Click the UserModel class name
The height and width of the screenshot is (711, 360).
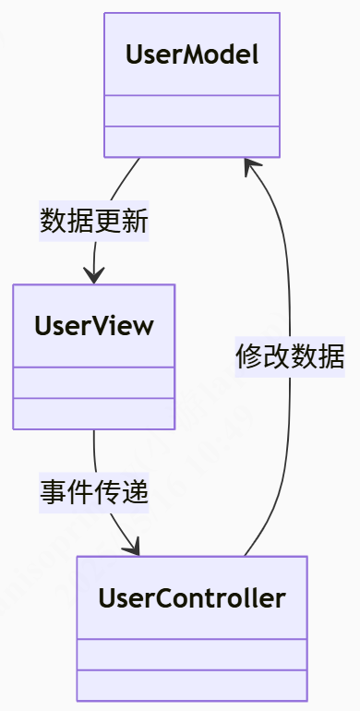(x=191, y=54)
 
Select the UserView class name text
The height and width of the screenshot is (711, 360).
(x=93, y=326)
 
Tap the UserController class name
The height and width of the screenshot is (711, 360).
(x=191, y=597)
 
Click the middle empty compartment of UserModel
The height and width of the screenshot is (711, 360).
(x=191, y=111)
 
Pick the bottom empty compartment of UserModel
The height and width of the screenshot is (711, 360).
(x=191, y=141)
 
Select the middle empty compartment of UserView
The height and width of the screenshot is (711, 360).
(x=93, y=382)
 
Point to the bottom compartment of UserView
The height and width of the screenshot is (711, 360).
(x=93, y=413)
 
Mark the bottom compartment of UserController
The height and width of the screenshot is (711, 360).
(x=191, y=684)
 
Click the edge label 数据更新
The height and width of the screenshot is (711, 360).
(x=93, y=222)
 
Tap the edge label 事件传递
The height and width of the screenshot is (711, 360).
(x=93, y=493)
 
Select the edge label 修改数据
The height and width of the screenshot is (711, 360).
(x=290, y=356)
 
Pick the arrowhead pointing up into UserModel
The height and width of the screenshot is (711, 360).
(x=251, y=166)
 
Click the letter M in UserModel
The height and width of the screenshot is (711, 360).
(x=187, y=54)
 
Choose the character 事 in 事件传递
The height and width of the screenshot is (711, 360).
(x=53, y=493)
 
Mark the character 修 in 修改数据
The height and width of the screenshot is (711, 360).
(x=249, y=356)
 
